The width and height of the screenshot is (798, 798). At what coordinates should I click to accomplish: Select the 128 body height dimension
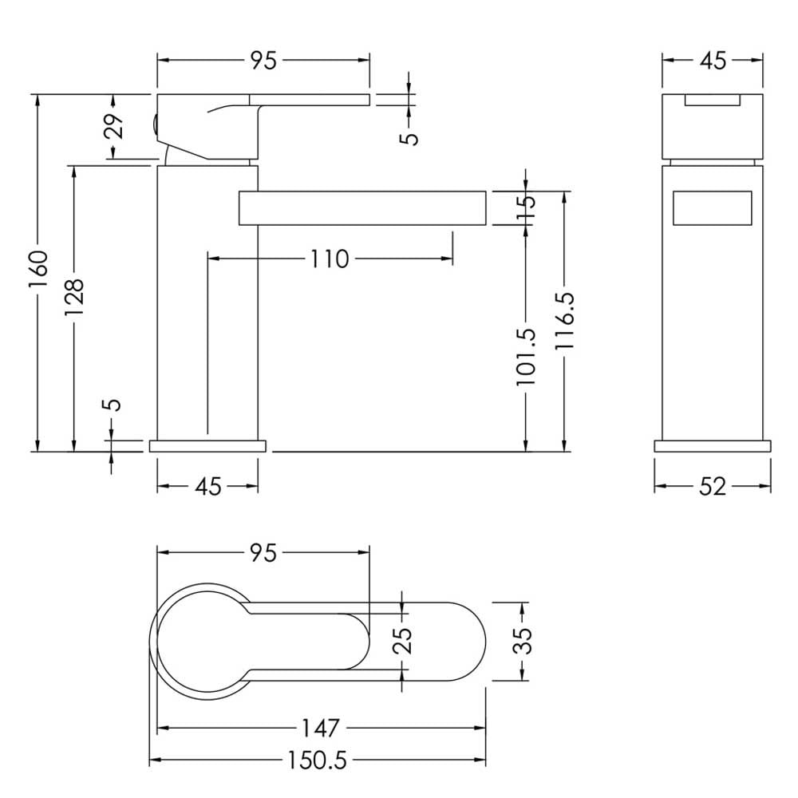point(74,297)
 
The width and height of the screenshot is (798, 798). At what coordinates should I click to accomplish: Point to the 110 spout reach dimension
point(330,259)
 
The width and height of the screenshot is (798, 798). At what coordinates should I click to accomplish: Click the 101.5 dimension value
point(526,358)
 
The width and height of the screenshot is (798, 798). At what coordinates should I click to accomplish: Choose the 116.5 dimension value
point(564,321)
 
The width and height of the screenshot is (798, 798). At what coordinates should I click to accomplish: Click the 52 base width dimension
point(713,487)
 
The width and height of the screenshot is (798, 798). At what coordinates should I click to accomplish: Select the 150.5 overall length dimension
point(317,760)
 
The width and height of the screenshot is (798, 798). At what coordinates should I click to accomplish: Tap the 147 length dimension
point(321,729)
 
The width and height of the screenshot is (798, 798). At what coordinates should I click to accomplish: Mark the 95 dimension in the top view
point(263,553)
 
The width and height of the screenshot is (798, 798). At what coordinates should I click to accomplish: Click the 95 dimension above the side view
point(263,61)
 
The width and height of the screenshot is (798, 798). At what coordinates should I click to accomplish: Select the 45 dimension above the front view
point(713,61)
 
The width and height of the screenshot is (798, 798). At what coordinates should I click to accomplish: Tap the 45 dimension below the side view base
point(208,487)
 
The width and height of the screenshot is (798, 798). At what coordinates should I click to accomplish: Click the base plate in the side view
point(207,446)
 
